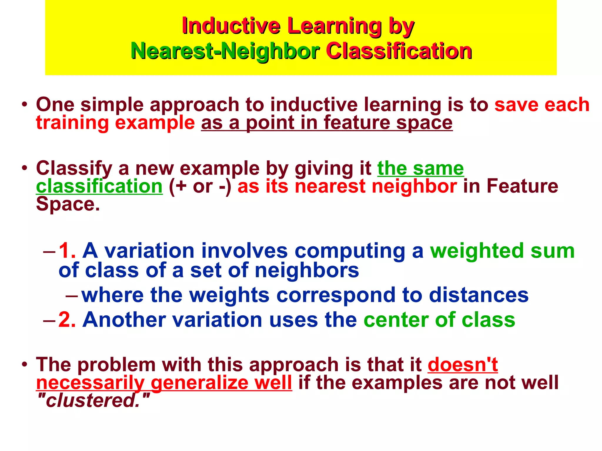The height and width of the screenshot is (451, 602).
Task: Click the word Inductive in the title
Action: [x=231, y=26]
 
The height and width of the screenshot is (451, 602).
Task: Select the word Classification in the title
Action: [x=399, y=51]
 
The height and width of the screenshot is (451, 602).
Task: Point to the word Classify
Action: [x=74, y=169]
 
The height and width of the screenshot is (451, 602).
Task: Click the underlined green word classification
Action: [x=99, y=186]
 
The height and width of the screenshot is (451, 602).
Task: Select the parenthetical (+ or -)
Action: [x=200, y=186]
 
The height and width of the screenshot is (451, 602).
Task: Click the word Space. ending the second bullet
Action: [x=68, y=204]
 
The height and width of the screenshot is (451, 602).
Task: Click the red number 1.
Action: [x=67, y=251]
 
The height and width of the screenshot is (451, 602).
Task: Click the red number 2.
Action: [x=67, y=319]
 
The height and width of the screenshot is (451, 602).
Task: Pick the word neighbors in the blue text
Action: [x=307, y=270]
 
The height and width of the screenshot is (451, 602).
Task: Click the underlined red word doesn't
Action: [x=462, y=365]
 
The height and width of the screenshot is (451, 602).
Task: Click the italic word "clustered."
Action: [x=94, y=400]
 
